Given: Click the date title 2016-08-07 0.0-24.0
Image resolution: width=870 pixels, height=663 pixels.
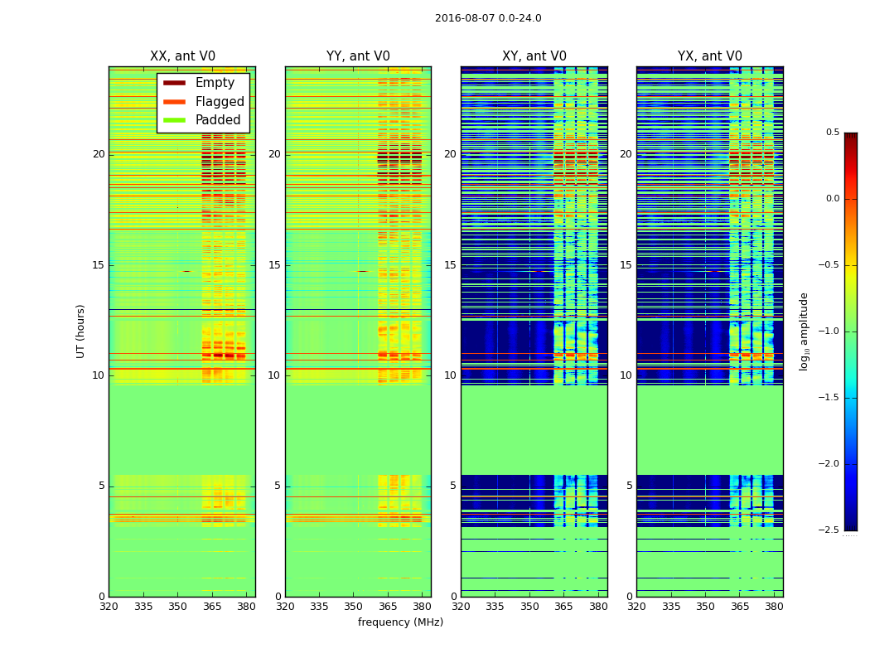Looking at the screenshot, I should click(488, 18).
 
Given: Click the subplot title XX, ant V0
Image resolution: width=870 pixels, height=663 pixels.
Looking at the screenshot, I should click(182, 56).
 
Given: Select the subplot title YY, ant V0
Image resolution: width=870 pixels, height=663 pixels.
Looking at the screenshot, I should click(358, 56).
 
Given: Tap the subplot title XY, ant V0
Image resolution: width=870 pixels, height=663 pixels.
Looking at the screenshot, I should click(534, 56).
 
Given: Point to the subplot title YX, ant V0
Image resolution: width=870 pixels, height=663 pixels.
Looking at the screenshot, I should click(710, 56).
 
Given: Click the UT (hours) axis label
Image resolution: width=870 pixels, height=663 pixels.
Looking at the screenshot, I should click(81, 331).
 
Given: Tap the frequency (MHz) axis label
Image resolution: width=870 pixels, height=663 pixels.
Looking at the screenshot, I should click(400, 622).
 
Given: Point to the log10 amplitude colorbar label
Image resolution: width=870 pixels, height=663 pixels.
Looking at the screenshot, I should click(804, 331).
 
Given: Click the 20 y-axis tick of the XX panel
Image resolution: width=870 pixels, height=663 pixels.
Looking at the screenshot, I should click(99, 154).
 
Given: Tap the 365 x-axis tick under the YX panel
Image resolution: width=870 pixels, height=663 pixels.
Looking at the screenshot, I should click(740, 607).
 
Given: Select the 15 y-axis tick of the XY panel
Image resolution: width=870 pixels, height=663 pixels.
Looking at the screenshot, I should click(450, 265).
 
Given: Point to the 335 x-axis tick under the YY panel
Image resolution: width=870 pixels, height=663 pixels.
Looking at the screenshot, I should click(319, 607).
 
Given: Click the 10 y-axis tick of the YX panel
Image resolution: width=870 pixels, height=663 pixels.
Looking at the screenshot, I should click(626, 375).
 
